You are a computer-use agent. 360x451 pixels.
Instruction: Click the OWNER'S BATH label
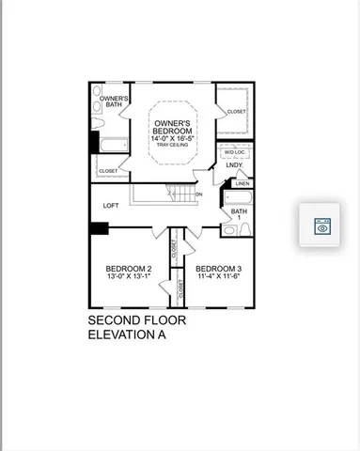click(115, 101)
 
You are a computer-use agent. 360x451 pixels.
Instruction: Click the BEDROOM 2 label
click(130, 270)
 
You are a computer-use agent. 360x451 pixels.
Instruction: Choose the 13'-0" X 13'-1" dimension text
click(130, 278)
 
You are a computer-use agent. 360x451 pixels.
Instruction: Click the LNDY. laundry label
click(234, 165)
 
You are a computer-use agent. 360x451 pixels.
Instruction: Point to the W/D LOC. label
click(235, 151)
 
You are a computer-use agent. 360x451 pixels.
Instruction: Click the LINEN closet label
click(242, 183)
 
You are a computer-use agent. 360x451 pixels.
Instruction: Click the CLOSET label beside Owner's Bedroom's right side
click(236, 112)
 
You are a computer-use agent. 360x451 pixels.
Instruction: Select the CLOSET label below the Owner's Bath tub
click(109, 171)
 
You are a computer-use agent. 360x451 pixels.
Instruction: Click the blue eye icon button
click(321, 225)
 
